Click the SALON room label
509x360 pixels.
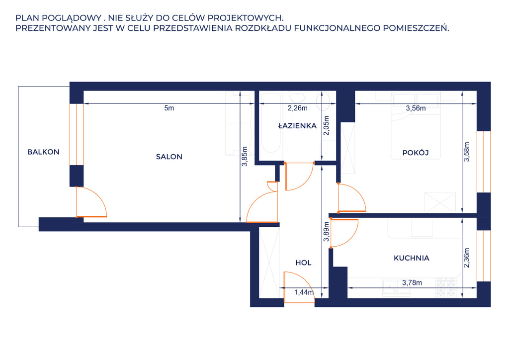[169, 157]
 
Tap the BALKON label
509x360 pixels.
[44, 152]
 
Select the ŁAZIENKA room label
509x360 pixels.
[297, 126]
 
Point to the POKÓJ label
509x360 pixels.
[416, 153]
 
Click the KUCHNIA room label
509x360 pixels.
[412, 258]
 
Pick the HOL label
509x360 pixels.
[304, 263]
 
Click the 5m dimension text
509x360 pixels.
[169, 108]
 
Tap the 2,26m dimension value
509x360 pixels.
[297, 108]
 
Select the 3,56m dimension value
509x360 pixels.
[416, 108]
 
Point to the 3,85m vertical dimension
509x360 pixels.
[245, 157]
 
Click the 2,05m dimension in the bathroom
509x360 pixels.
[327, 126]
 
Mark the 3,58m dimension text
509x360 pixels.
[466, 152]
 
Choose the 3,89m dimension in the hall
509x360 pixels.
[327, 232]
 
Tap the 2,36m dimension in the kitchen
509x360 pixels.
[466, 258]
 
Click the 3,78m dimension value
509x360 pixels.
[412, 283]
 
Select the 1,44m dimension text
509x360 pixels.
[304, 292]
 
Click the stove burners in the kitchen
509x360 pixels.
[446, 288]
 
